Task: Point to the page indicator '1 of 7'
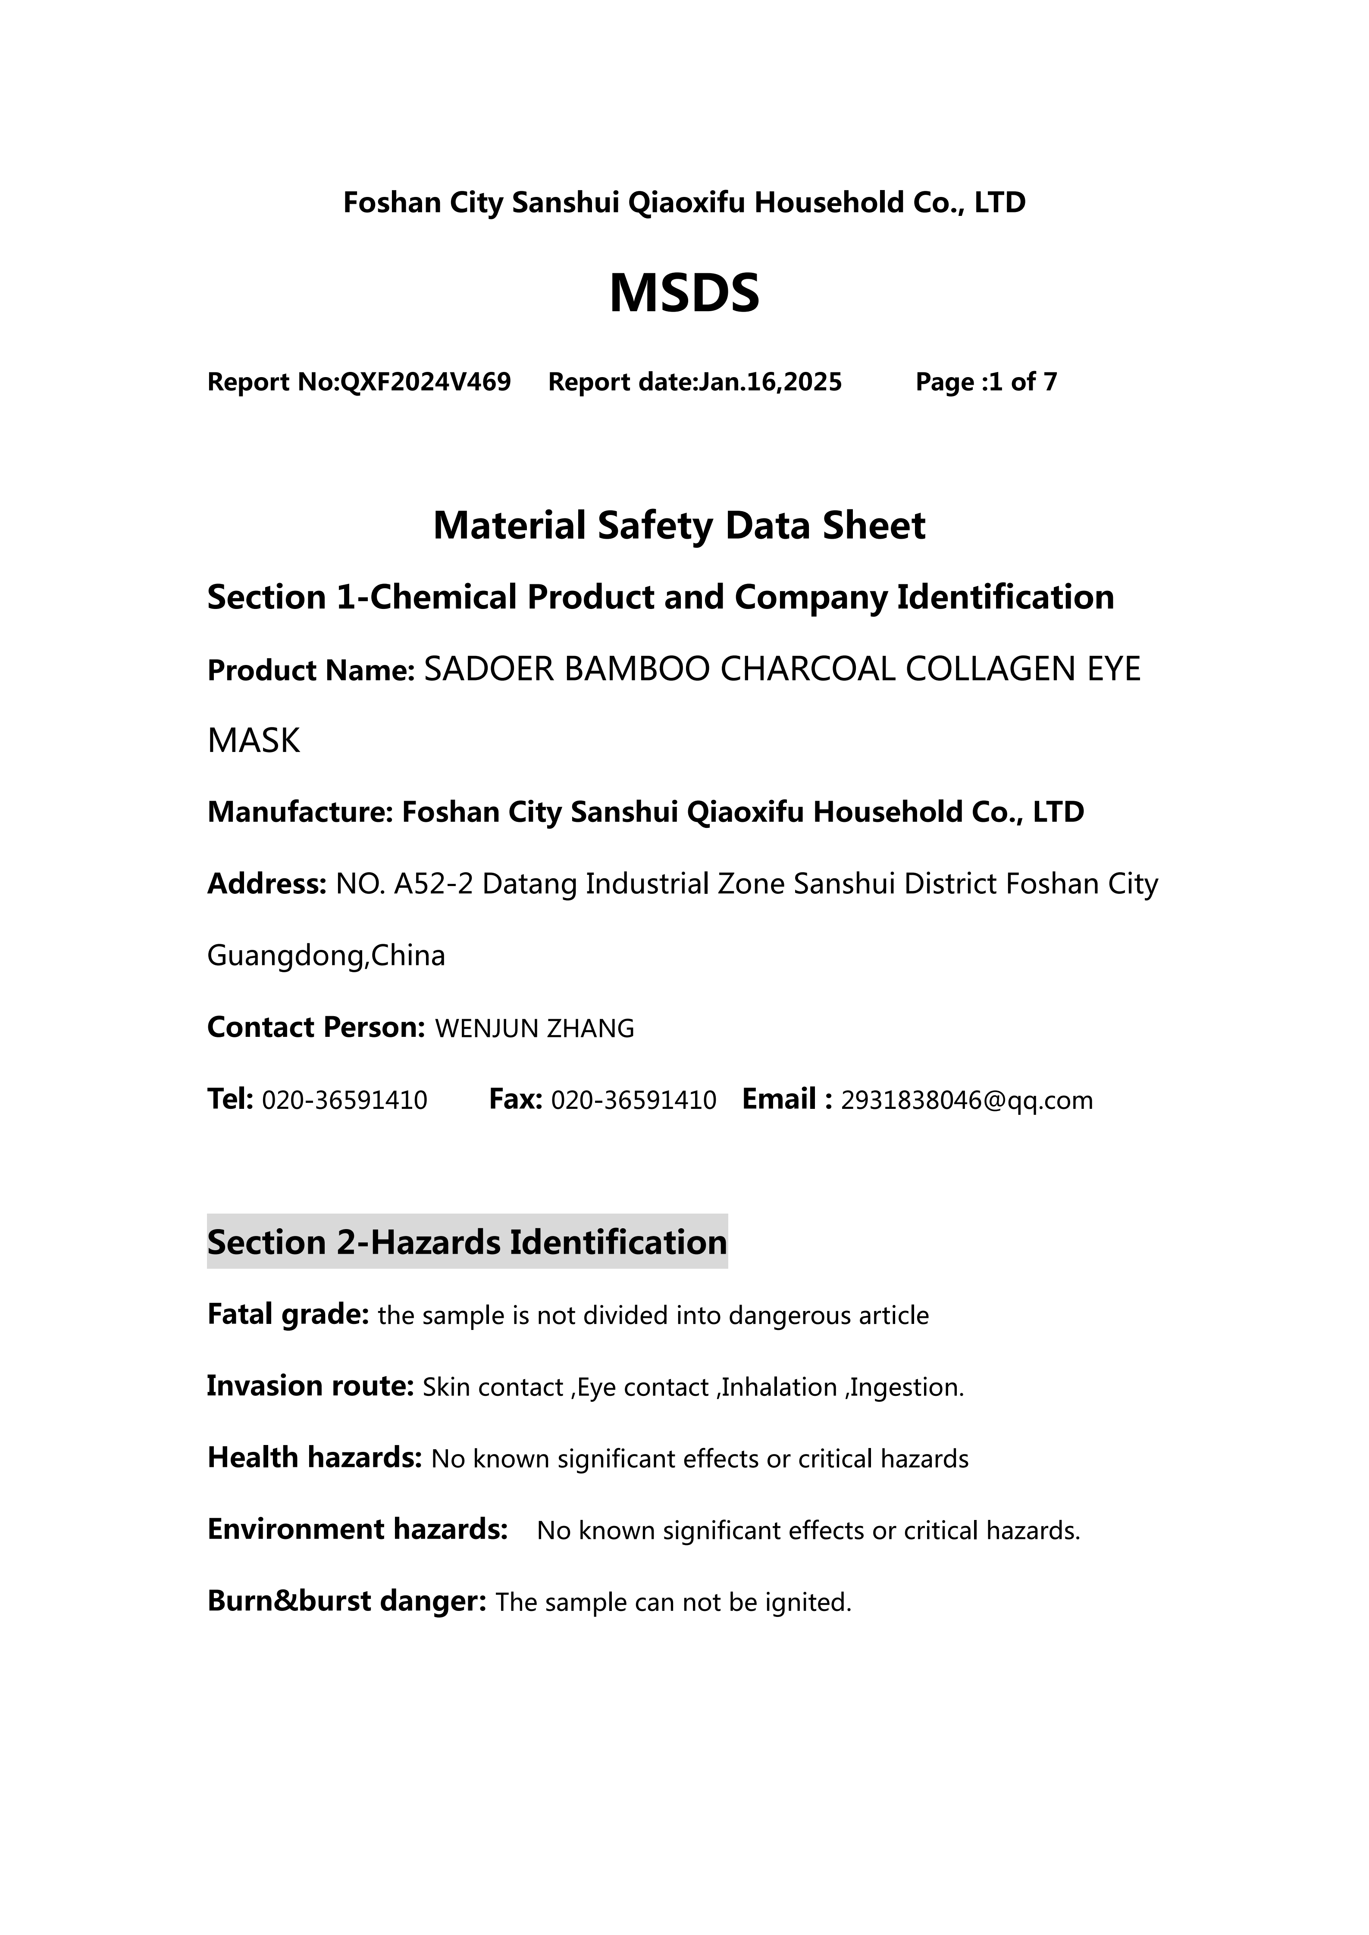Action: (x=1022, y=383)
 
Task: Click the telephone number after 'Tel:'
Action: (x=345, y=1101)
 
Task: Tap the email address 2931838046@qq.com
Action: (x=967, y=1101)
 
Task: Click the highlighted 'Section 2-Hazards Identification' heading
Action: (x=467, y=1243)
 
